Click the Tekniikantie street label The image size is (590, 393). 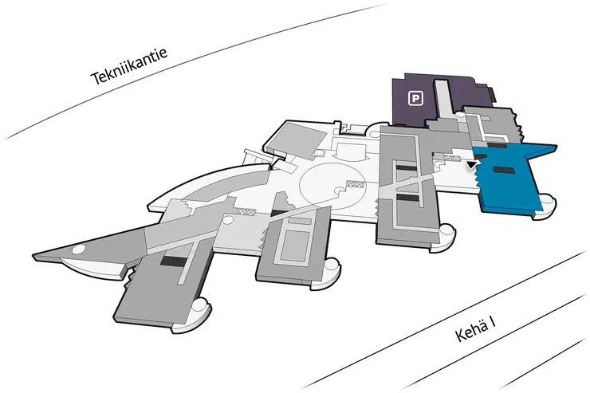click(x=128, y=66)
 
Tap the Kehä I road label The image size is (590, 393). click(x=475, y=328)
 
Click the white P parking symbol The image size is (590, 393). click(x=415, y=99)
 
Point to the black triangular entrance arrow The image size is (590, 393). click(x=471, y=164)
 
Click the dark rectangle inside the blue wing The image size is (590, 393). click(x=503, y=170)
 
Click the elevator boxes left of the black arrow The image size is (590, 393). click(x=453, y=159)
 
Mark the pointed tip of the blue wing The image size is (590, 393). click(x=557, y=146)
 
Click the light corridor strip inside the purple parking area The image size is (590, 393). click(x=444, y=99)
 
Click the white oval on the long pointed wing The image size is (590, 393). click(x=80, y=249)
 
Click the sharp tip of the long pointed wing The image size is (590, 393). click(x=33, y=256)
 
